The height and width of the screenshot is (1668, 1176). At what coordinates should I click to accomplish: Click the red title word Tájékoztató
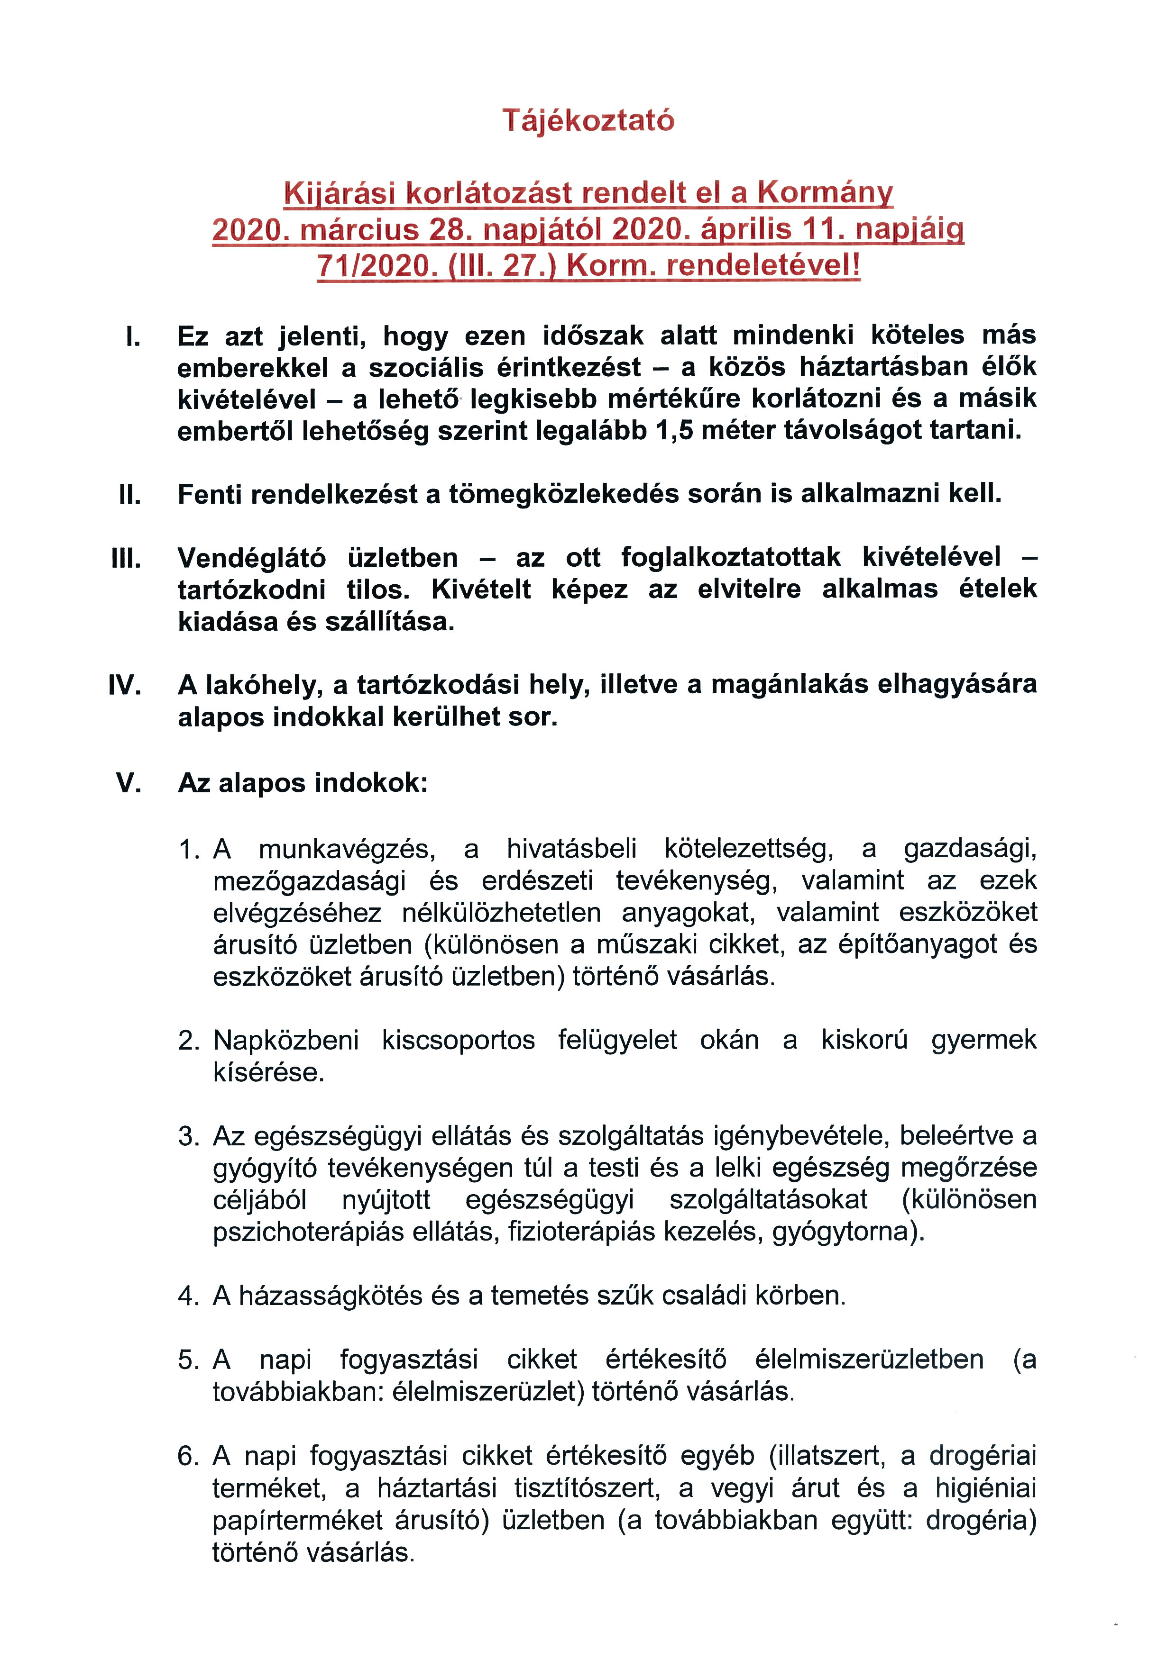(x=588, y=120)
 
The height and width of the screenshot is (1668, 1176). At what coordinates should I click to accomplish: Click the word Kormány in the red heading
(x=825, y=193)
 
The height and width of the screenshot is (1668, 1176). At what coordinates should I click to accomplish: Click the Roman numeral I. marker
(x=133, y=336)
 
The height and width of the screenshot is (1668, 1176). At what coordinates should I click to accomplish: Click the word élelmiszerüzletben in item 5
(x=869, y=1359)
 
